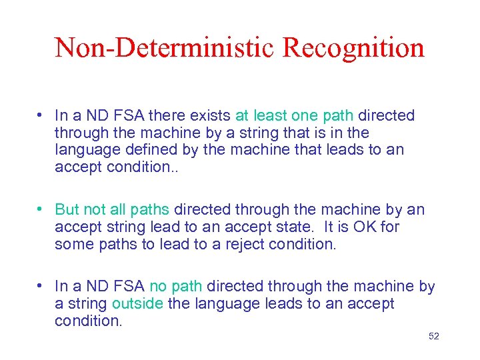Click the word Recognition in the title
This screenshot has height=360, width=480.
353,48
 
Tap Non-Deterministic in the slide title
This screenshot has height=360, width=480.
165,48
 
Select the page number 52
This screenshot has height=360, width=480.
434,336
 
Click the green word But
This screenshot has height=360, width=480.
67,210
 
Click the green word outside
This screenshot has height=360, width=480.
137,304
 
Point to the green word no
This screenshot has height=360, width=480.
159,287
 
